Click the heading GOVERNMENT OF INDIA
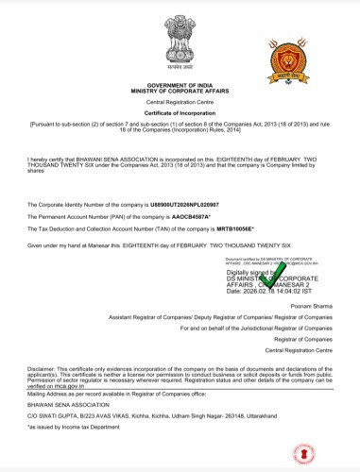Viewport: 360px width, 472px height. [x=180, y=85]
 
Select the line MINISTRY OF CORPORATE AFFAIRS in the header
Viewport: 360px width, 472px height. [x=180, y=92]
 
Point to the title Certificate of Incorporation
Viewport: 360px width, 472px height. [x=180, y=114]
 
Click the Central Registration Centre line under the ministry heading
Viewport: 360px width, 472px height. [x=180, y=103]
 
